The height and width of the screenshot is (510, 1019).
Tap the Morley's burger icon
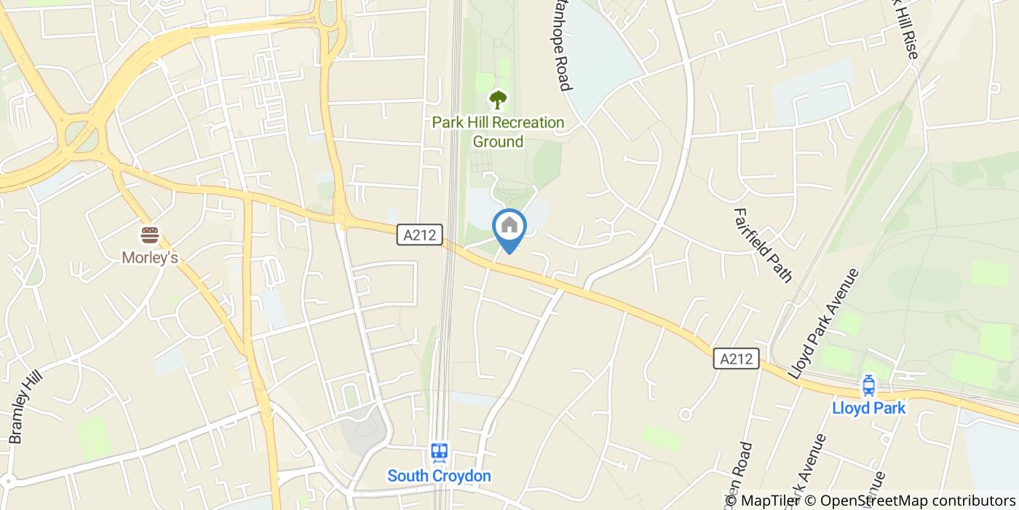[x=150, y=235]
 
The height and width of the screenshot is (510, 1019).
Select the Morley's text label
[x=150, y=258]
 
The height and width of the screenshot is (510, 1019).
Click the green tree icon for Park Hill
[x=498, y=99]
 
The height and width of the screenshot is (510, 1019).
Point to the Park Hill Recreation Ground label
[x=498, y=132]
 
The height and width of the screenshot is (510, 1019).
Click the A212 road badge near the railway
[x=420, y=235]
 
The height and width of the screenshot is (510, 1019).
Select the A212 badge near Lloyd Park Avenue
[x=737, y=358]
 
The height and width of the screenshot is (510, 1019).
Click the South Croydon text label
[x=439, y=476]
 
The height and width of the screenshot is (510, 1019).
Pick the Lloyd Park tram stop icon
[x=868, y=384]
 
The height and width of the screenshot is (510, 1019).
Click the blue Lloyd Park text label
[x=868, y=408]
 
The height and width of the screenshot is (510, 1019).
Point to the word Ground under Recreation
[x=498, y=141]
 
